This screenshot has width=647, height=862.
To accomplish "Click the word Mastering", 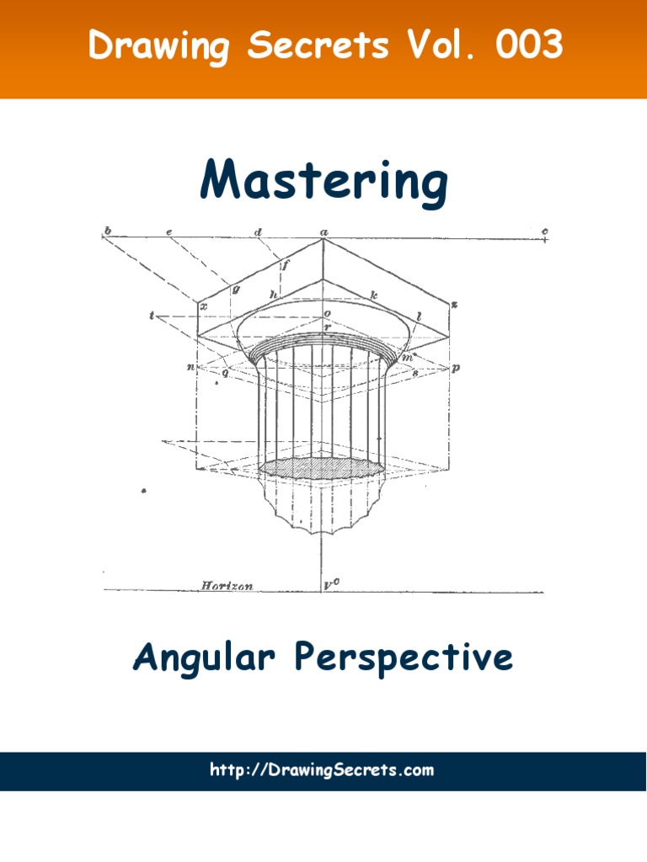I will (323, 181).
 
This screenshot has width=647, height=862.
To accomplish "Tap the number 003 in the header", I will (529, 45).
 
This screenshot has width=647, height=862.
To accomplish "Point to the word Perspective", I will (404, 657).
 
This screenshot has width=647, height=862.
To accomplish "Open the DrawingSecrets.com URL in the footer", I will (323, 769).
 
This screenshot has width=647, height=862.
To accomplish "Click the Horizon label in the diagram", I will (227, 584).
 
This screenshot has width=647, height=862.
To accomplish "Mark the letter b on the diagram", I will (107, 230).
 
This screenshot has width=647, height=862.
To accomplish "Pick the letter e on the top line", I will (169, 231).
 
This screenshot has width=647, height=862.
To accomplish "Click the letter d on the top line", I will (258, 231).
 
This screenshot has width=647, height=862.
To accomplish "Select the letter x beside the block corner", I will (204, 308).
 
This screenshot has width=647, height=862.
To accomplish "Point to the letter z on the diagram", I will (452, 304).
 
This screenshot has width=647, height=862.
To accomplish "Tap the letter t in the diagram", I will (152, 317).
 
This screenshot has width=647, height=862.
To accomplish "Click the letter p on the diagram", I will (456, 369).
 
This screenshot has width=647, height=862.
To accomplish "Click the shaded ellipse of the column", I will (323, 467).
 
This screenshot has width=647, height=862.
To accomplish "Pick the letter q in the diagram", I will (225, 373).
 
